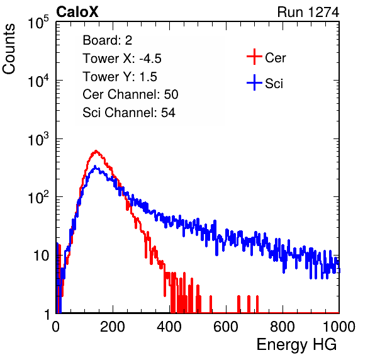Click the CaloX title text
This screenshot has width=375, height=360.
(x=77, y=12)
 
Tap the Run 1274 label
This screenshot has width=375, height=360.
(x=308, y=12)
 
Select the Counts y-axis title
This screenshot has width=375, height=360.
(x=9, y=49)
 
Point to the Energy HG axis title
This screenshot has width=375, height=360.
(x=296, y=345)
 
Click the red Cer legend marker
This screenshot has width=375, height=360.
(x=254, y=57)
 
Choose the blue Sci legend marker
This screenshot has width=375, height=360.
(x=254, y=83)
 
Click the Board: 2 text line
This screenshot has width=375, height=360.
(x=108, y=40)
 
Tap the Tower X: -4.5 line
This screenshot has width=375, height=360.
(x=122, y=59)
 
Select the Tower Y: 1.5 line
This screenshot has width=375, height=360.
(x=120, y=77)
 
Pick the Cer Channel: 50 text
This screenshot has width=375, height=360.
(x=130, y=94)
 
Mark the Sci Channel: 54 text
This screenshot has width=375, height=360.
(x=129, y=113)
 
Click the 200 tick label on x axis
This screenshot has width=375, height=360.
(x=113, y=327)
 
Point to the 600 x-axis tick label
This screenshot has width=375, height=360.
(x=226, y=327)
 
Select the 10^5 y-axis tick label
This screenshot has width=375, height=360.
(x=38, y=23)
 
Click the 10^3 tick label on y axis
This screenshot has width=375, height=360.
(x=38, y=139)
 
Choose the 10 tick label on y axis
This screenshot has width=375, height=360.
(x=41, y=256)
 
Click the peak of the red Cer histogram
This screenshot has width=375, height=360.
(x=96, y=150)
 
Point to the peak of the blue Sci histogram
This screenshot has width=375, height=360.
(x=95, y=166)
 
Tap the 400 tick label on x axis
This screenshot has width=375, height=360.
(x=169, y=327)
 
